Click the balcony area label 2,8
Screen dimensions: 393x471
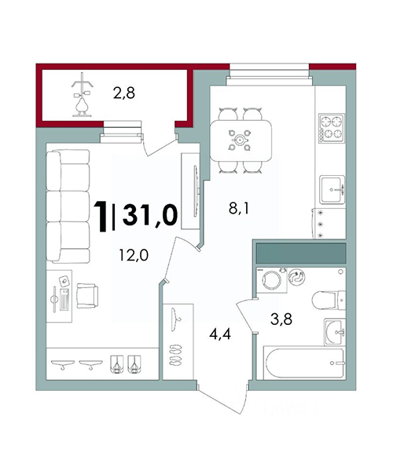coord(124,93)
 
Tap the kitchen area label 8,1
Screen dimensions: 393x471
coord(239,208)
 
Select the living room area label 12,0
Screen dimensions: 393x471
coord(134,255)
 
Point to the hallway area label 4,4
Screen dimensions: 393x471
coord(220,334)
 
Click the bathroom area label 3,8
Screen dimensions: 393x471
coord(281,319)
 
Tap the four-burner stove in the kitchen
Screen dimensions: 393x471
coord(332,128)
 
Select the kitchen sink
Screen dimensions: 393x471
coord(332,190)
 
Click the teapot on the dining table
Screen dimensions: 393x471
coord(240,140)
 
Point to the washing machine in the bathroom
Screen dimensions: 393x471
coord(271,280)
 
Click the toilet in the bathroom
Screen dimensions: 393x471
coord(329,300)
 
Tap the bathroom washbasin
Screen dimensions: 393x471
coord(334,332)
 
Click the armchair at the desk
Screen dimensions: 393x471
coord(87,296)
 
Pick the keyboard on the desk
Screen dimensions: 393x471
coord(64,300)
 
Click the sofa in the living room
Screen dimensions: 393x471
coord(68,206)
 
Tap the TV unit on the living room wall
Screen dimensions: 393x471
coord(190,191)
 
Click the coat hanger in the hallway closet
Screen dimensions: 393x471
coord(175,319)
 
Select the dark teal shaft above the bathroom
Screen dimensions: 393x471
coord(301,254)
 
